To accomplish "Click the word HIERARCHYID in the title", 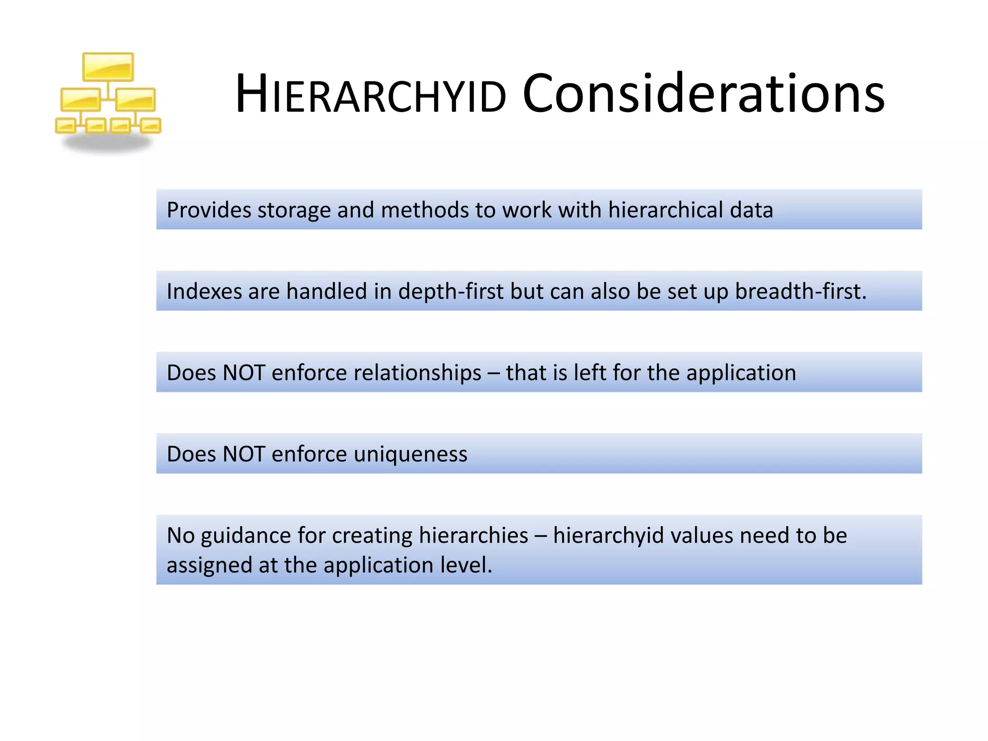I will [370, 94].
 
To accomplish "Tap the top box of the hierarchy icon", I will [108, 67].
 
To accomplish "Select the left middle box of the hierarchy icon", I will [80, 99].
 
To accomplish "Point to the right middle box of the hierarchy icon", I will [136, 99].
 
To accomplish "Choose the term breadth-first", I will [800, 291].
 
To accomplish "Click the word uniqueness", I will [411, 454].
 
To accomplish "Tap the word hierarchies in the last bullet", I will [473, 536].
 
